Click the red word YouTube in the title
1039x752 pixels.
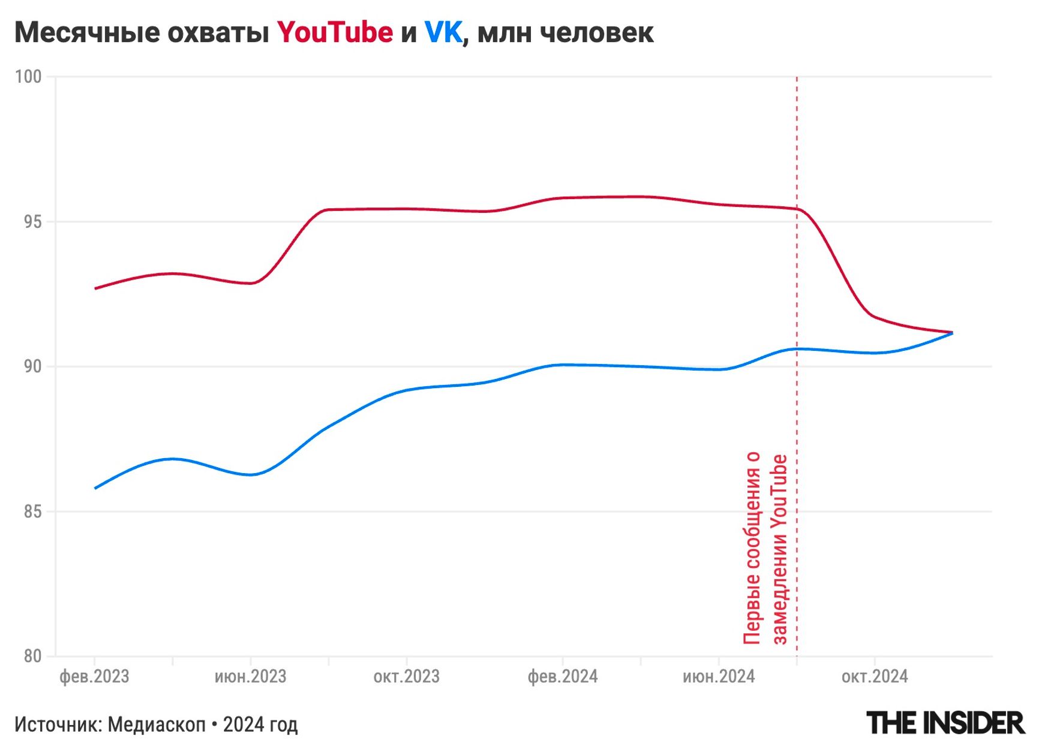coord(335,32)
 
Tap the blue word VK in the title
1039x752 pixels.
coord(443,32)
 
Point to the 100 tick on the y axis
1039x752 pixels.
coord(28,77)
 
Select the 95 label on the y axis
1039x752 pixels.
coord(32,222)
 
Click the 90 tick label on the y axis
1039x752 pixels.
coord(32,366)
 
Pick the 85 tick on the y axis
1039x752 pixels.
coord(32,512)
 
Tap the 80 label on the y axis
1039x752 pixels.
coord(32,656)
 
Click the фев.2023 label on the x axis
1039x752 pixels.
coord(94,677)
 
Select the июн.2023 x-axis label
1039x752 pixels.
coord(250,677)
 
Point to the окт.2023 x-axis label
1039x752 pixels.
coord(407,677)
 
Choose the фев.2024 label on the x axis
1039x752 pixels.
coord(563,677)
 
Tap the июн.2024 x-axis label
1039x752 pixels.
coord(719,677)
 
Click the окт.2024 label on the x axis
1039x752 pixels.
coord(875,677)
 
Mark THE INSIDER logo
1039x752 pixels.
coord(945,723)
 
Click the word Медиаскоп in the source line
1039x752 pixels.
coord(157,724)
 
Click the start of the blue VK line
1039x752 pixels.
coord(95,488)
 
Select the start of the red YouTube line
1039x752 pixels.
coord(95,288)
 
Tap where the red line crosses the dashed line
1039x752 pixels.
coord(797,209)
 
